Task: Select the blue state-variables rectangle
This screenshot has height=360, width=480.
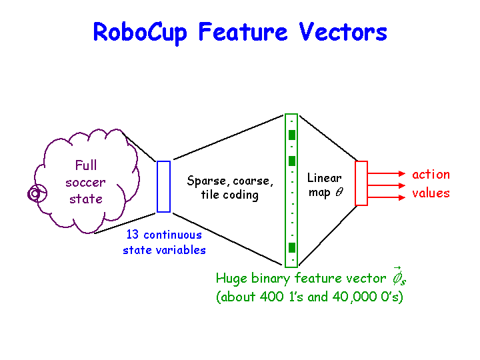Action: click(x=163, y=187)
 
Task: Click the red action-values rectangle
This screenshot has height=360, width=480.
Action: click(x=361, y=183)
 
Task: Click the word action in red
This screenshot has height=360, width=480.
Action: click(x=431, y=175)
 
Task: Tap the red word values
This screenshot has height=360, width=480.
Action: click(x=431, y=193)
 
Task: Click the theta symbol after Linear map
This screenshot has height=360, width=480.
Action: click(x=339, y=192)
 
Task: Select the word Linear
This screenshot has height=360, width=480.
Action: click(x=325, y=178)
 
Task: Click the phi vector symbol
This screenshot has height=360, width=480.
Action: click(x=399, y=276)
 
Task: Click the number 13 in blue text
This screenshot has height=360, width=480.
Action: click(x=133, y=235)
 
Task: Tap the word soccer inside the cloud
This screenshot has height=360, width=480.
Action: click(x=86, y=182)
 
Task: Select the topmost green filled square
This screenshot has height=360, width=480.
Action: click(x=291, y=135)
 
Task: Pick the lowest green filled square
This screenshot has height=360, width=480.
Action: click(x=291, y=247)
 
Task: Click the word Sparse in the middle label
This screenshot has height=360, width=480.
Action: click(x=207, y=181)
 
